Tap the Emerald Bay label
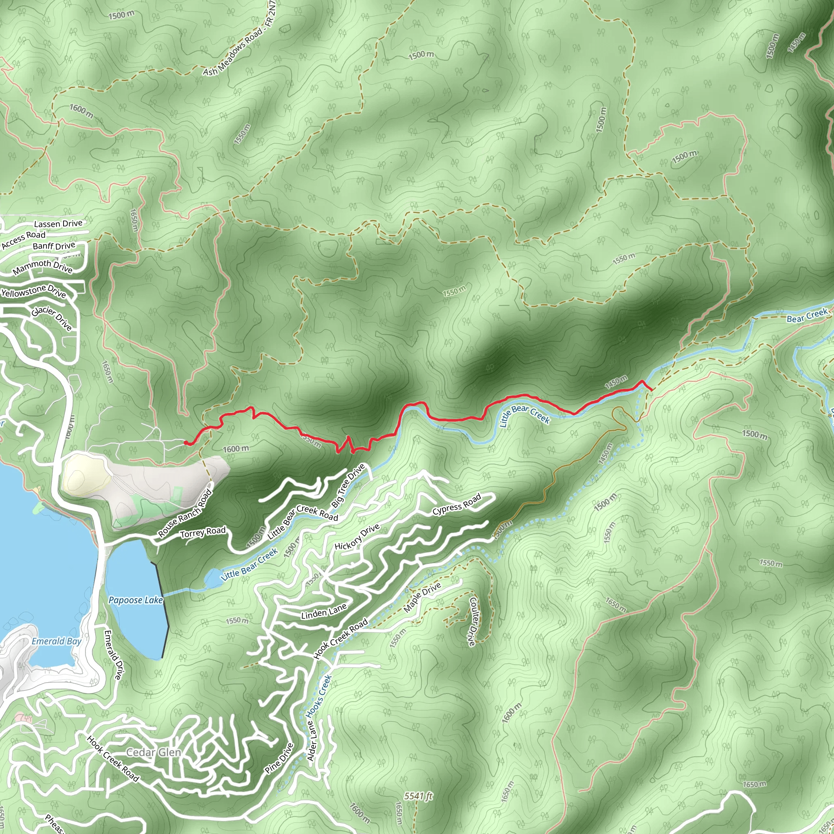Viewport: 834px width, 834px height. point(57,641)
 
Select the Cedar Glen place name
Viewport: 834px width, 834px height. point(153,753)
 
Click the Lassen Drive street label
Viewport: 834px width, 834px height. point(58,224)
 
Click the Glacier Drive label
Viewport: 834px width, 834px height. point(52,318)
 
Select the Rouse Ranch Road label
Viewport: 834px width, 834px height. point(185,513)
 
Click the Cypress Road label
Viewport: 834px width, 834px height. point(457,505)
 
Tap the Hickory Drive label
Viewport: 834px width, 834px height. point(357,537)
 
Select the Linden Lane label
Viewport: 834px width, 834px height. point(324,611)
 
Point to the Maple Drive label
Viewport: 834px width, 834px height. point(422,597)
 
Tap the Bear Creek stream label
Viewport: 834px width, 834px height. point(807,315)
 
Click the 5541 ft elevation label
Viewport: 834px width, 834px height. point(418,796)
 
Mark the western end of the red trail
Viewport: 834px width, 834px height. point(185,443)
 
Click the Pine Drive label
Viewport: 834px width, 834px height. point(279,758)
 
